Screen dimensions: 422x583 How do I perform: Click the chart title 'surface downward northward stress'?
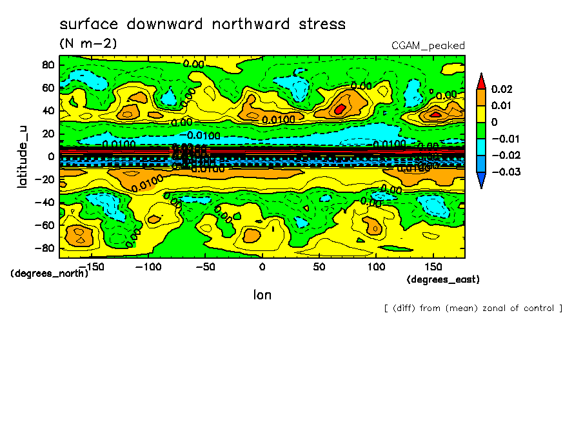[x=203, y=25]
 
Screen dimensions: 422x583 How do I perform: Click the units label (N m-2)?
[x=88, y=44]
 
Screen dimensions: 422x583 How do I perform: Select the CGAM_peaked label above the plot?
[x=428, y=46]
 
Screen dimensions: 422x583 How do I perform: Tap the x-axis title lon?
[x=262, y=295]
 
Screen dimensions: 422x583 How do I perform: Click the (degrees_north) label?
[x=50, y=273]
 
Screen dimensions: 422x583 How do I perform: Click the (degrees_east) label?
[x=443, y=279]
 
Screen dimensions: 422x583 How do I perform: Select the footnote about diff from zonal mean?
[x=473, y=308]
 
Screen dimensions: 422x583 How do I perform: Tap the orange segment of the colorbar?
[x=481, y=97]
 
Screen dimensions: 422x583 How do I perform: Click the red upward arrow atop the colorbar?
[x=481, y=80]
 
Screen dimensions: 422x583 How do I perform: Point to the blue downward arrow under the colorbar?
[x=481, y=181]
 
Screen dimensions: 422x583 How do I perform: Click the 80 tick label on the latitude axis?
[x=48, y=64]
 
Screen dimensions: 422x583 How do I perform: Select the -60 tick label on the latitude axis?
[x=45, y=225]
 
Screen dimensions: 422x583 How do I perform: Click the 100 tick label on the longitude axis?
[x=376, y=266]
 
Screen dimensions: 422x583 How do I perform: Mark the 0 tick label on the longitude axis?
[x=262, y=266]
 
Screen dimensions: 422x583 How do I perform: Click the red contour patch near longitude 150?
[x=436, y=115]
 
